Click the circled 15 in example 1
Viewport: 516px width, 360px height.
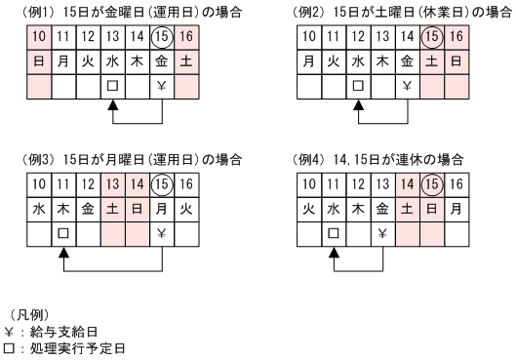coord(163,37)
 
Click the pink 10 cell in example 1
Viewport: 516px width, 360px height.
coord(39,37)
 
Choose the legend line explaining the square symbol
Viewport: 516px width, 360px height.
coord(63,347)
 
